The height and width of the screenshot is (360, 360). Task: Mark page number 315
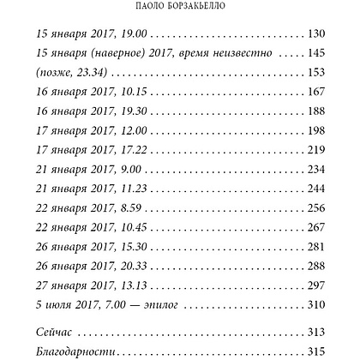click(x=315, y=351)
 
